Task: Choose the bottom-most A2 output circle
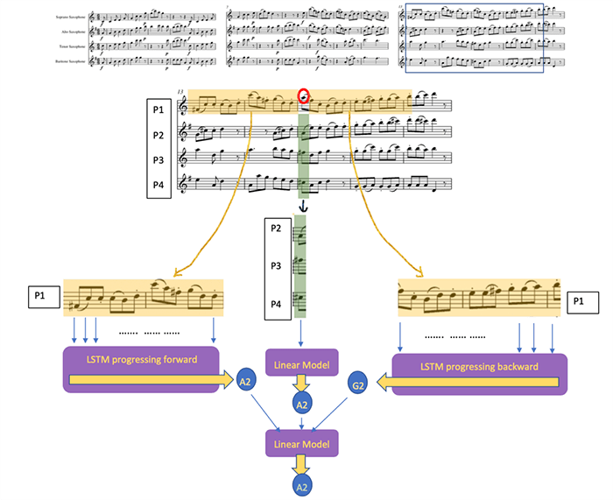(300, 483)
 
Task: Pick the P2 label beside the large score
(158, 135)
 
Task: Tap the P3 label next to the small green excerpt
(276, 265)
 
